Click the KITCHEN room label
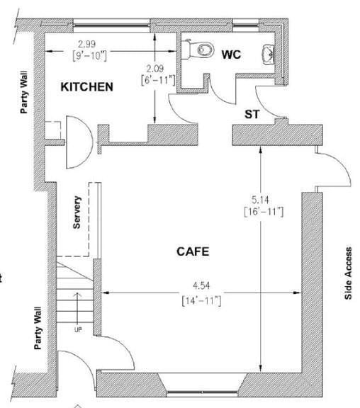87,86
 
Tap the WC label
231,55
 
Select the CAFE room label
193,251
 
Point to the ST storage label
252,114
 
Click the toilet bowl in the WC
206,50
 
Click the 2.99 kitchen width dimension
86,44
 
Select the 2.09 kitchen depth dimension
155,69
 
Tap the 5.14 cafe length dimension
260,200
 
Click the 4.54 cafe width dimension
201,285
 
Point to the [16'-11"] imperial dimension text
264,211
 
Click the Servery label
77,212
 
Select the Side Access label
348,273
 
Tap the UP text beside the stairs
78,329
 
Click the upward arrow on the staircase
77,308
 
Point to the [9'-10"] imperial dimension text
89,56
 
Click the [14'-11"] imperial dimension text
201,301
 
